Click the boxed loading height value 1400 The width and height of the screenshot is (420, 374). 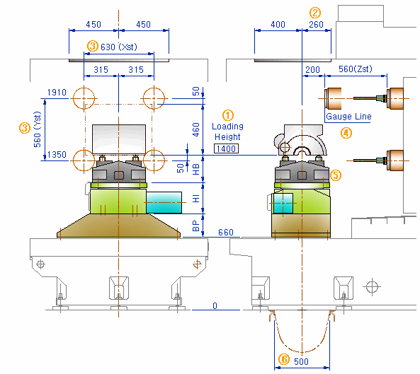click(x=226, y=148)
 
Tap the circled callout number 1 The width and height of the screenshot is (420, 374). click(x=227, y=115)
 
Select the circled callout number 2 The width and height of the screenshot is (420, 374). click(x=315, y=13)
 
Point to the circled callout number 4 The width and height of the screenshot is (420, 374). click(x=346, y=133)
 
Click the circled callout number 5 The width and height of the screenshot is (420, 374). click(x=335, y=175)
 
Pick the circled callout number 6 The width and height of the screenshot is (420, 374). click(x=284, y=359)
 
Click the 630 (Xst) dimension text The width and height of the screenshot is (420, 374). click(x=119, y=47)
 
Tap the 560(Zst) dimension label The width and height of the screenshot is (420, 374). click(x=355, y=69)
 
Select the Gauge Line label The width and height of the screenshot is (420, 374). click(x=348, y=117)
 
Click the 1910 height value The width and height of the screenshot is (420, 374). click(x=57, y=93)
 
